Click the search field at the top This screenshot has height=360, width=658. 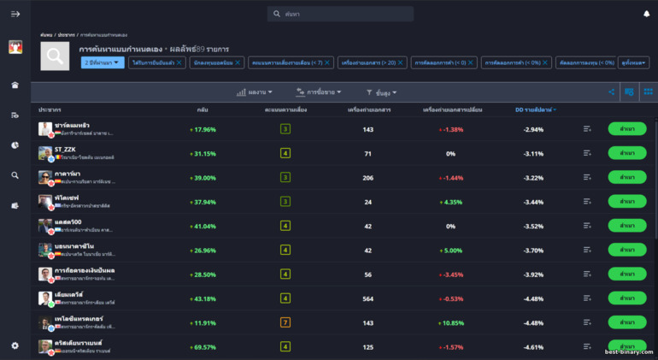[340, 14]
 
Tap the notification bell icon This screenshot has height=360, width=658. [646, 14]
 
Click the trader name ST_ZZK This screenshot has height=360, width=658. [65, 150]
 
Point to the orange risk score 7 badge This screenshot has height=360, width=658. [285, 322]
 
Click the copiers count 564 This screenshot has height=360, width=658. [367, 298]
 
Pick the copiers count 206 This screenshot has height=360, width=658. [367, 178]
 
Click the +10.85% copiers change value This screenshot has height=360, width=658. [451, 322]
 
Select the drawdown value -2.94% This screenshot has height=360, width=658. [534, 129]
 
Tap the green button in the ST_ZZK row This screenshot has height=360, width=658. [626, 153]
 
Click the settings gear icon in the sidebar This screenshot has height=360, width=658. [15, 345]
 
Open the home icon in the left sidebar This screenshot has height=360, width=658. [15, 85]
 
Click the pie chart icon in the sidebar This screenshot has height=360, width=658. [15, 145]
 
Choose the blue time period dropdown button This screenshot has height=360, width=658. [103, 62]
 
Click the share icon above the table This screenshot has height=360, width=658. [612, 91]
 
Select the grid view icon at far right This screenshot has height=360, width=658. [648, 91]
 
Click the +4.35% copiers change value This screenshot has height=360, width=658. [451, 202]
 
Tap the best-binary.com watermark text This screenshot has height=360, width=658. [628, 351]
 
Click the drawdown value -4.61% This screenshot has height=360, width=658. [534, 347]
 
